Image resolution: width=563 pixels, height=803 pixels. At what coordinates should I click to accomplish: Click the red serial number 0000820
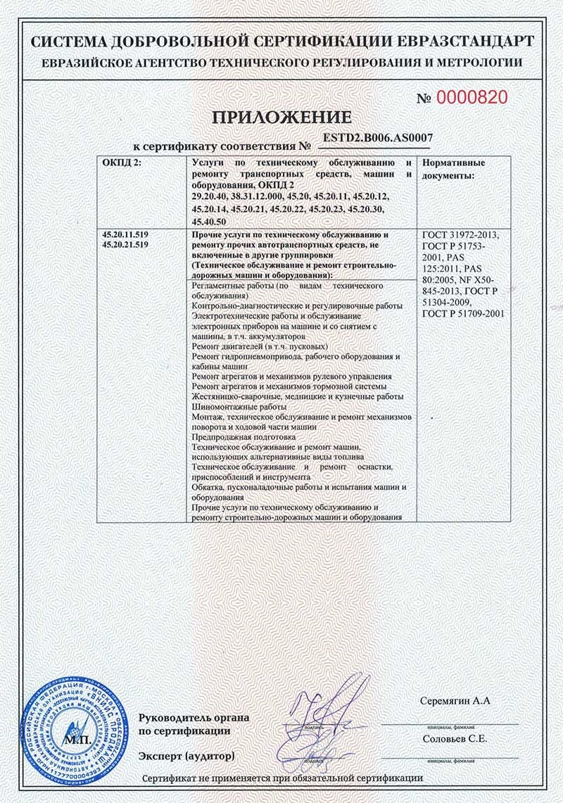[472, 98]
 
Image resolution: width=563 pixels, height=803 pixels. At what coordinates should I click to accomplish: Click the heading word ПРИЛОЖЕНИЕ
[281, 117]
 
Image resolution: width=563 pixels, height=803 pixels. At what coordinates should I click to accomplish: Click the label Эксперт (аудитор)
[186, 756]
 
